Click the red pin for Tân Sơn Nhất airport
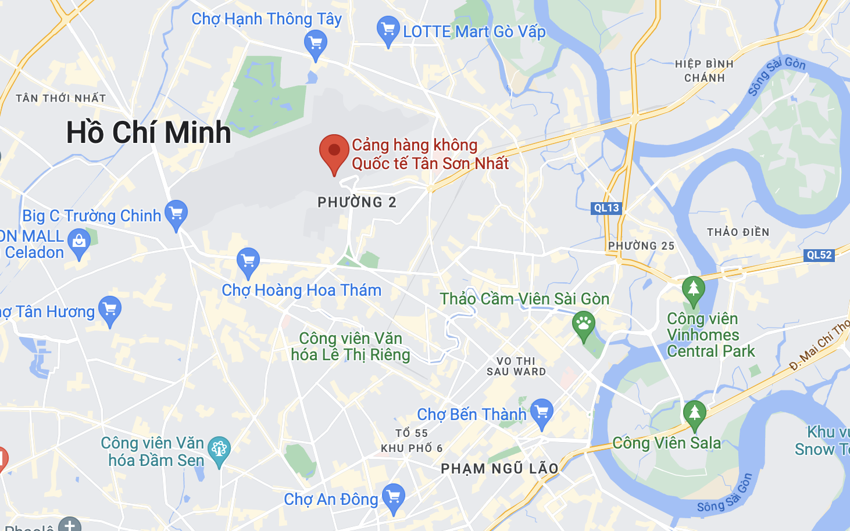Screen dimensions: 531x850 pos(334,152)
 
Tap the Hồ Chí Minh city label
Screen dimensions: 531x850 pos(149,132)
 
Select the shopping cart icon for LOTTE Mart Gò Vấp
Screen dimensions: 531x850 pos(388,29)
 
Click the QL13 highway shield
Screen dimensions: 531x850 pos(606,208)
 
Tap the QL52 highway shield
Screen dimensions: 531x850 pos(819,254)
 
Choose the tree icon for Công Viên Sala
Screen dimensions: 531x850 pos(695,413)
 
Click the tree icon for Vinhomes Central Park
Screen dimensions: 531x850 pos(693,289)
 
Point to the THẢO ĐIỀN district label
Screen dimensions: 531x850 pos(738,232)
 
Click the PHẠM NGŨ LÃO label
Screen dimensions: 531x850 pos(499,468)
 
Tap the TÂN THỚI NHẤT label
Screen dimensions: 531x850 pos(61,98)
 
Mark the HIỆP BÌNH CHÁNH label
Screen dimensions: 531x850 pos(704,71)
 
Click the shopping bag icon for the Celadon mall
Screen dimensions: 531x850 pos(78,242)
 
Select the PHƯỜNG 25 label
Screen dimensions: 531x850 pos(641,246)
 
